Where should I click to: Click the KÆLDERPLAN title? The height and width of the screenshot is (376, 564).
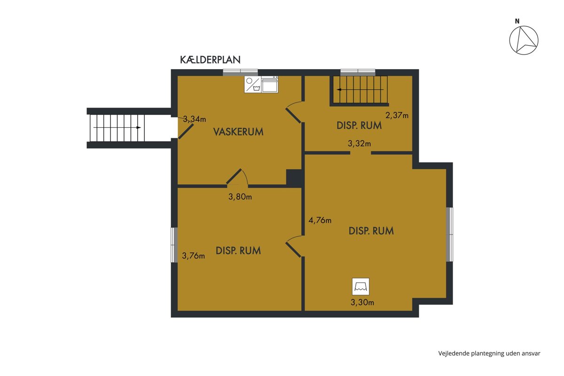point(210,60)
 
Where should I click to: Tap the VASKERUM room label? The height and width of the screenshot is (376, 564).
point(238,132)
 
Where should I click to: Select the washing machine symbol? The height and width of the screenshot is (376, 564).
point(252,84)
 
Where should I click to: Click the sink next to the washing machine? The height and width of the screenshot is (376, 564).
point(270,84)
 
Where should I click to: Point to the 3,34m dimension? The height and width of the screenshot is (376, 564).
point(195,119)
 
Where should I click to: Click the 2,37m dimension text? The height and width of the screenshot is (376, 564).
point(397,115)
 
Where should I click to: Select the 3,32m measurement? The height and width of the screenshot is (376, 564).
point(359,143)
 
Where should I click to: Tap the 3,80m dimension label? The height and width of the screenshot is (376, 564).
point(240,196)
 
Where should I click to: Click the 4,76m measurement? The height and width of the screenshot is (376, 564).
point(320,220)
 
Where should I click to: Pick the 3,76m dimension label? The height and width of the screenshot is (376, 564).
point(193,256)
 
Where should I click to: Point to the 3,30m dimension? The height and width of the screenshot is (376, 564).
point(362,302)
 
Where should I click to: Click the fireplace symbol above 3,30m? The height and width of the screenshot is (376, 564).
point(360,286)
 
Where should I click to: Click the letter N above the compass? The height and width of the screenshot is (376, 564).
point(517,22)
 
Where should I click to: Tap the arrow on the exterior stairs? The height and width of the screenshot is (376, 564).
point(117,127)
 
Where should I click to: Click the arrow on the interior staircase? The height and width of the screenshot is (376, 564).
point(360,89)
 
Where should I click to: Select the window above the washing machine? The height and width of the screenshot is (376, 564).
point(241,72)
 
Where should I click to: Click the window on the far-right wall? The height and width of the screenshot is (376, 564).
point(450,235)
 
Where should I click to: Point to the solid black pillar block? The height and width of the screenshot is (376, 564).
point(294,178)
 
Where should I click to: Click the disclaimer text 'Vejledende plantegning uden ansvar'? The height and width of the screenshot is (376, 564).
point(489,353)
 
